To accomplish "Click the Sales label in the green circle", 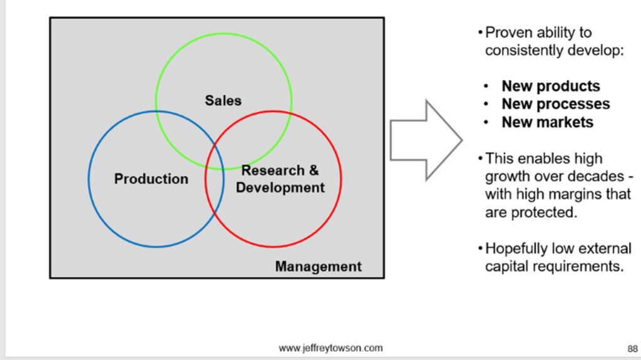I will click(x=223, y=100).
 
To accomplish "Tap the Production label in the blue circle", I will click(x=151, y=179).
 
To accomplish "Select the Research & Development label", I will click(x=280, y=179).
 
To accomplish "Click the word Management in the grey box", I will click(x=318, y=267).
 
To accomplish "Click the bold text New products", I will click(x=550, y=86).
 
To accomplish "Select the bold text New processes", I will click(x=555, y=104).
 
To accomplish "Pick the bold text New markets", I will click(x=547, y=121).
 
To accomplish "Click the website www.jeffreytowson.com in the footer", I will click(x=331, y=348).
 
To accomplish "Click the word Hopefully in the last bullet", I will click(x=517, y=249).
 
